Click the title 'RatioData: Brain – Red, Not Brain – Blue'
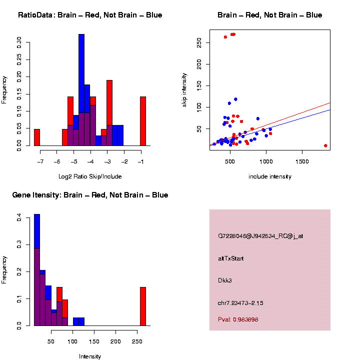[x=90, y=15]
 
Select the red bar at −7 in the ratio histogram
[x=37, y=137]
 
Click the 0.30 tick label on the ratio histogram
[x=19, y=40]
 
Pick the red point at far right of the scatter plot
[x=325, y=145]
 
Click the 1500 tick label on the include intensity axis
[x=302, y=161]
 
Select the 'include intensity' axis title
[x=270, y=176]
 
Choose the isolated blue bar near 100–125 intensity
[x=78, y=321]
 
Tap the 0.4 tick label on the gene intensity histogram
[x=19, y=218]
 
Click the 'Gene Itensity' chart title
[x=90, y=195]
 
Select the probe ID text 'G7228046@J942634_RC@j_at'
[x=260, y=236]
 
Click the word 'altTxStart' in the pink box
[x=231, y=258]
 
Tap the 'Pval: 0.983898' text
[x=238, y=319]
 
